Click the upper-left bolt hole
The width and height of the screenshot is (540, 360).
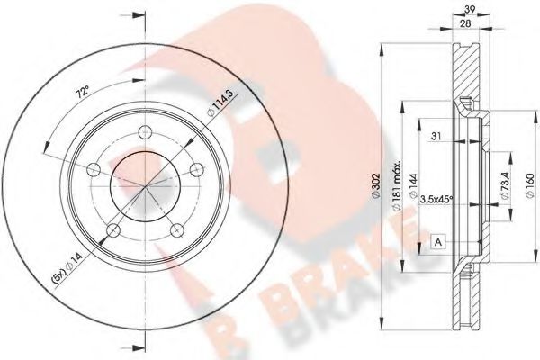coord(94,168)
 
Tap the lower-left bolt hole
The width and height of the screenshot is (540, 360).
coord(112,231)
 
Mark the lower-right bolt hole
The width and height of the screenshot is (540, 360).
coord(178,231)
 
